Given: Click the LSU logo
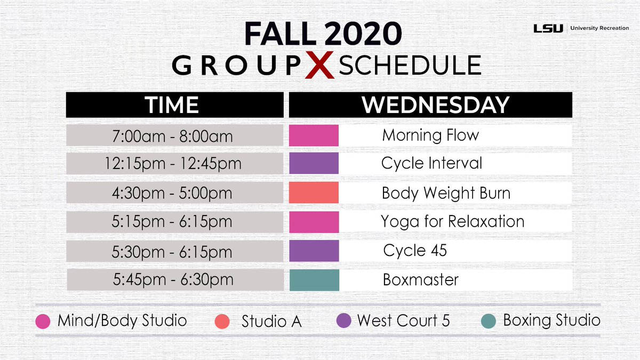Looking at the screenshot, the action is (548, 28).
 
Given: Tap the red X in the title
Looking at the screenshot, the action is (319, 65).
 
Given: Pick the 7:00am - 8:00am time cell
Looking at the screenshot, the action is (174, 135).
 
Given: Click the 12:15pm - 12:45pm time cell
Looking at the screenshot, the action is (174, 163).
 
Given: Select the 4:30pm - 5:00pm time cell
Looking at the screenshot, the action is (174, 193).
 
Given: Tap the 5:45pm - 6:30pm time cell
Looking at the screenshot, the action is (175, 279).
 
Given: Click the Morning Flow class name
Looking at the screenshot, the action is (430, 135).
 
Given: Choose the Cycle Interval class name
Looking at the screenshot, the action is (431, 163).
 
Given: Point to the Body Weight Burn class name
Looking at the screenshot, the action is (446, 193).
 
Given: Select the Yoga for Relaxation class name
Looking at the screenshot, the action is (453, 222).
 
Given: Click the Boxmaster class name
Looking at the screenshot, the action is (421, 279).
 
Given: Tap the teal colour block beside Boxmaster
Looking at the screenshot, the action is (314, 280).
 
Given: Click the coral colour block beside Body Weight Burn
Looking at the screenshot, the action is (314, 193).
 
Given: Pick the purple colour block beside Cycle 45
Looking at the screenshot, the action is (314, 251).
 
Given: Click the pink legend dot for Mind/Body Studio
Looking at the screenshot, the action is (43, 321).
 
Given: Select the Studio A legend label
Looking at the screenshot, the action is (271, 321).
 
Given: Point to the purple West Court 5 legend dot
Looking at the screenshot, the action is (343, 321).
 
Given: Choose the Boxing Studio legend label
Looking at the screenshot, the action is (551, 321).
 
